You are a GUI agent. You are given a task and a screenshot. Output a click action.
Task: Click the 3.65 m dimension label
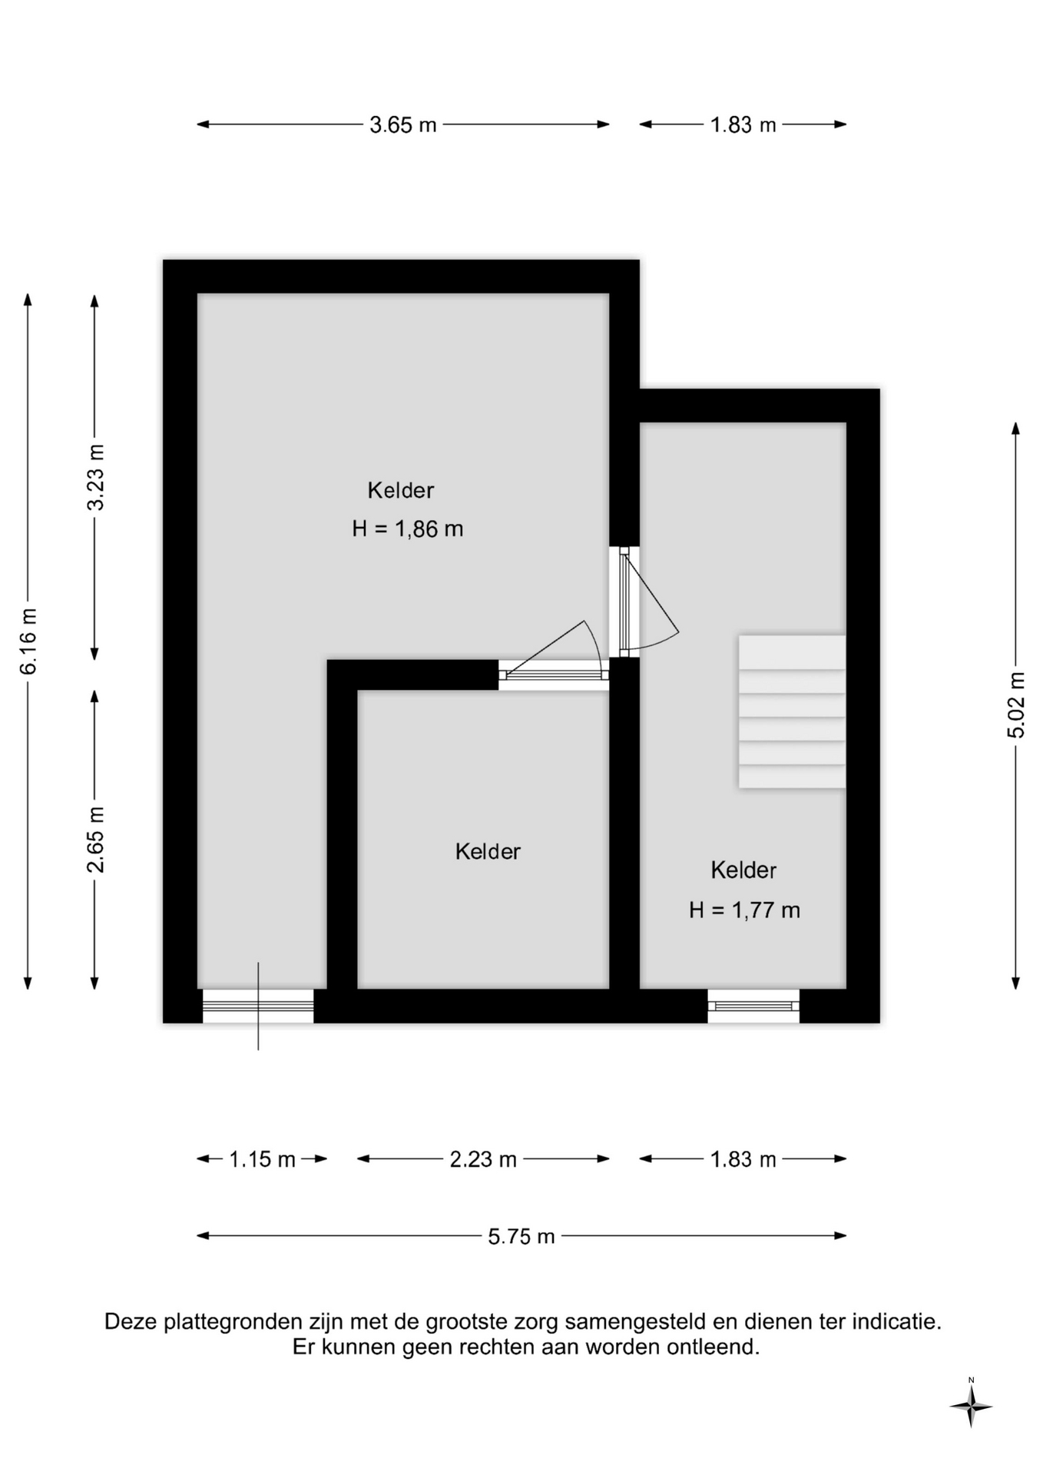pyautogui.click(x=402, y=124)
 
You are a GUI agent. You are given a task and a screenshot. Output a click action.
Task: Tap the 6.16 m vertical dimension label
pyautogui.click(x=28, y=641)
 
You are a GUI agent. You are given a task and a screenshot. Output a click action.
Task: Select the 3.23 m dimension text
pyautogui.click(x=95, y=477)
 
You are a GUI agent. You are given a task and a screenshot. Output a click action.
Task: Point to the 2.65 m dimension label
pyautogui.click(x=95, y=840)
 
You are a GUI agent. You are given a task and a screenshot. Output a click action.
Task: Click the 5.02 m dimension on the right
pyautogui.click(x=1016, y=705)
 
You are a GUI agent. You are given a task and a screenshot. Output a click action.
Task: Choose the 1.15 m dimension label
pyautogui.click(x=262, y=1159)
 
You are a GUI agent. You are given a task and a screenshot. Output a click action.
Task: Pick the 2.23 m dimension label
pyautogui.click(x=483, y=1159)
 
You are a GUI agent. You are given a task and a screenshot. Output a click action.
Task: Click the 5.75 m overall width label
pyautogui.click(x=521, y=1236)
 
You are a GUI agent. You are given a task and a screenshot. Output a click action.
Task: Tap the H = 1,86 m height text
pyautogui.click(x=408, y=529)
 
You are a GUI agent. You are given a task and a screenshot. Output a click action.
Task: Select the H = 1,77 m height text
pyautogui.click(x=744, y=910)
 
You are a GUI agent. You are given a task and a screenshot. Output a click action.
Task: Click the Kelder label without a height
pyautogui.click(x=488, y=851)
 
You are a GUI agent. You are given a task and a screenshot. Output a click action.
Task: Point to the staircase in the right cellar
pyautogui.click(x=792, y=711)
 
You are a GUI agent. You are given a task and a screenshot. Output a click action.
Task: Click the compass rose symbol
pyautogui.click(x=971, y=1407)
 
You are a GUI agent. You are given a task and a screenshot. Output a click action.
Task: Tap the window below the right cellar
pyautogui.click(x=753, y=1006)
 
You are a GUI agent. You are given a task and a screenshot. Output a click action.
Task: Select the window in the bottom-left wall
pyautogui.click(x=258, y=1006)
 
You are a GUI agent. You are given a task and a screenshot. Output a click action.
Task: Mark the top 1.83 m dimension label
pyautogui.click(x=743, y=124)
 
